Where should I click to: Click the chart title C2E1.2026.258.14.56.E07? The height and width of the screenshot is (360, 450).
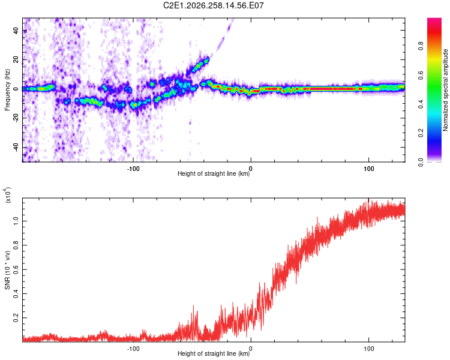(213, 5)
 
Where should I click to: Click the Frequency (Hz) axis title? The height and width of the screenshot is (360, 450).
(7, 90)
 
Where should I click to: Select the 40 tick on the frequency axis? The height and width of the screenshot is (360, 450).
(16, 31)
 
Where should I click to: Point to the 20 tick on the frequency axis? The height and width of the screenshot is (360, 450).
(16, 60)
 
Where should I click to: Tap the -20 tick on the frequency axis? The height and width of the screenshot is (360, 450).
(16, 118)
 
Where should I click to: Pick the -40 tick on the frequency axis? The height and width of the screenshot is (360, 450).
(16, 147)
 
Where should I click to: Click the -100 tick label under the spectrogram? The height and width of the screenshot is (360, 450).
(133, 169)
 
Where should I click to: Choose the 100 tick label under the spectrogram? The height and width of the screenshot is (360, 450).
(368, 169)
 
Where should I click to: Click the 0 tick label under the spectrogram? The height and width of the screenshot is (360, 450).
(251, 169)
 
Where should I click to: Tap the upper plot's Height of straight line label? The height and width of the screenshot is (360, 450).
(214, 173)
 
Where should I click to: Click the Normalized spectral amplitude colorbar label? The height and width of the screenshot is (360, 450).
(445, 90)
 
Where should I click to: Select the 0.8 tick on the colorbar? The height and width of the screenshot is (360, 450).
(421, 46)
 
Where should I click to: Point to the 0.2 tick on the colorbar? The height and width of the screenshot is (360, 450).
(421, 133)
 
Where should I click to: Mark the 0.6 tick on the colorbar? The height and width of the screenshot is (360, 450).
(421, 75)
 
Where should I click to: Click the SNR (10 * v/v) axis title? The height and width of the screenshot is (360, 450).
(7, 270)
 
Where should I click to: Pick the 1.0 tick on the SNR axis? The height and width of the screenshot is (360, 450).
(16, 221)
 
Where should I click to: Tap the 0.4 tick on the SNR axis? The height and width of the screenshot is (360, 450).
(16, 293)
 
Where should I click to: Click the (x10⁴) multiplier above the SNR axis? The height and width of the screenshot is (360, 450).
(8, 195)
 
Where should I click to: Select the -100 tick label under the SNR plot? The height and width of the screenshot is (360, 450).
(133, 349)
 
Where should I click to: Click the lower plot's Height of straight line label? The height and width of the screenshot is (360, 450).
(214, 353)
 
